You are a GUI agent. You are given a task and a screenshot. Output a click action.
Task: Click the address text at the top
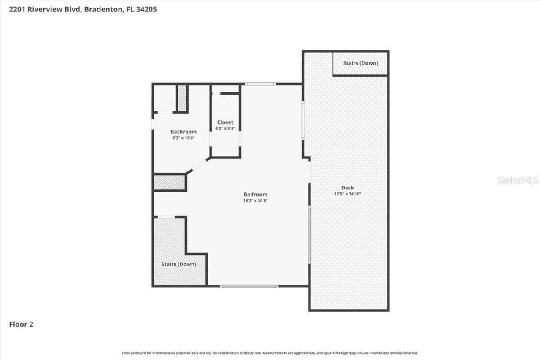click(x=83, y=9)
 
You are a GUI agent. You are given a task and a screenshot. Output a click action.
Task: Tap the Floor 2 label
click(x=21, y=324)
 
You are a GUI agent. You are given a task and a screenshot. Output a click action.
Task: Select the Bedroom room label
click(x=255, y=194)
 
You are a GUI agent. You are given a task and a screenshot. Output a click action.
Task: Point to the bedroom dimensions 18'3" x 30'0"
click(x=255, y=201)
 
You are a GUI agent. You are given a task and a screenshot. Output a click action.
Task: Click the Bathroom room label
click(x=183, y=132)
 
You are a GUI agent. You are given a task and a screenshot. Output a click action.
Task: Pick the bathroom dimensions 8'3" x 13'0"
click(x=183, y=138)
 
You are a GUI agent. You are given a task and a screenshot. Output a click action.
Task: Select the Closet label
click(x=225, y=122)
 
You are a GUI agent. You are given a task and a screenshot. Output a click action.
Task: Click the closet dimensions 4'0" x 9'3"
click(x=225, y=129)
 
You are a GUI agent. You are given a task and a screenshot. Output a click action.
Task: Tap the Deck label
click(x=348, y=187)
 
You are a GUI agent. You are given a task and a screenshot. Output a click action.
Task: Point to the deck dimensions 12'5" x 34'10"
click(x=348, y=194)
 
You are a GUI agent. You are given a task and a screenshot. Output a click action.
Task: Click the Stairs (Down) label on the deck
click(x=360, y=63)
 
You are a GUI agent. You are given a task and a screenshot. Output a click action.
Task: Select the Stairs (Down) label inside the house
click(x=178, y=264)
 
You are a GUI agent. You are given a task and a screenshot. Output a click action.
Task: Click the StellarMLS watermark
click(x=518, y=180)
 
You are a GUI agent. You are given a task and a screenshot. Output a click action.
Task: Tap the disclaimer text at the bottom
click(x=270, y=353)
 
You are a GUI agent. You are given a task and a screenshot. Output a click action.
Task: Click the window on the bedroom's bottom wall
click(x=249, y=286)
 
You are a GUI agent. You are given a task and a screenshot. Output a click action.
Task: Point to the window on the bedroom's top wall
click(x=260, y=84)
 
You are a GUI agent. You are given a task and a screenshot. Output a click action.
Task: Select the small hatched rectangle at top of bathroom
click(x=182, y=98)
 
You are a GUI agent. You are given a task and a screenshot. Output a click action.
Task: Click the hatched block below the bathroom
click(x=170, y=182)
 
